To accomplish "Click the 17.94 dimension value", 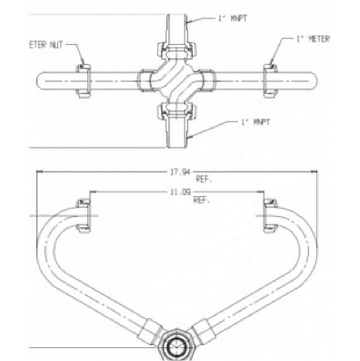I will tap(180, 172).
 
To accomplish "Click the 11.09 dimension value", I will tap(180, 192).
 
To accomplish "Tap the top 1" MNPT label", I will tap(233, 18).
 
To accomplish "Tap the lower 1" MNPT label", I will tap(255, 122).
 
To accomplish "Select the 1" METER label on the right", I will tap(312, 39).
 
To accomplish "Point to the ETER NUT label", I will tap(46, 45).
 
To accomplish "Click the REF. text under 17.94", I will tap(203, 179).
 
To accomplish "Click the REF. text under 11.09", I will tap(201, 200).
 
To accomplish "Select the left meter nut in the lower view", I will tap(84, 215).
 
